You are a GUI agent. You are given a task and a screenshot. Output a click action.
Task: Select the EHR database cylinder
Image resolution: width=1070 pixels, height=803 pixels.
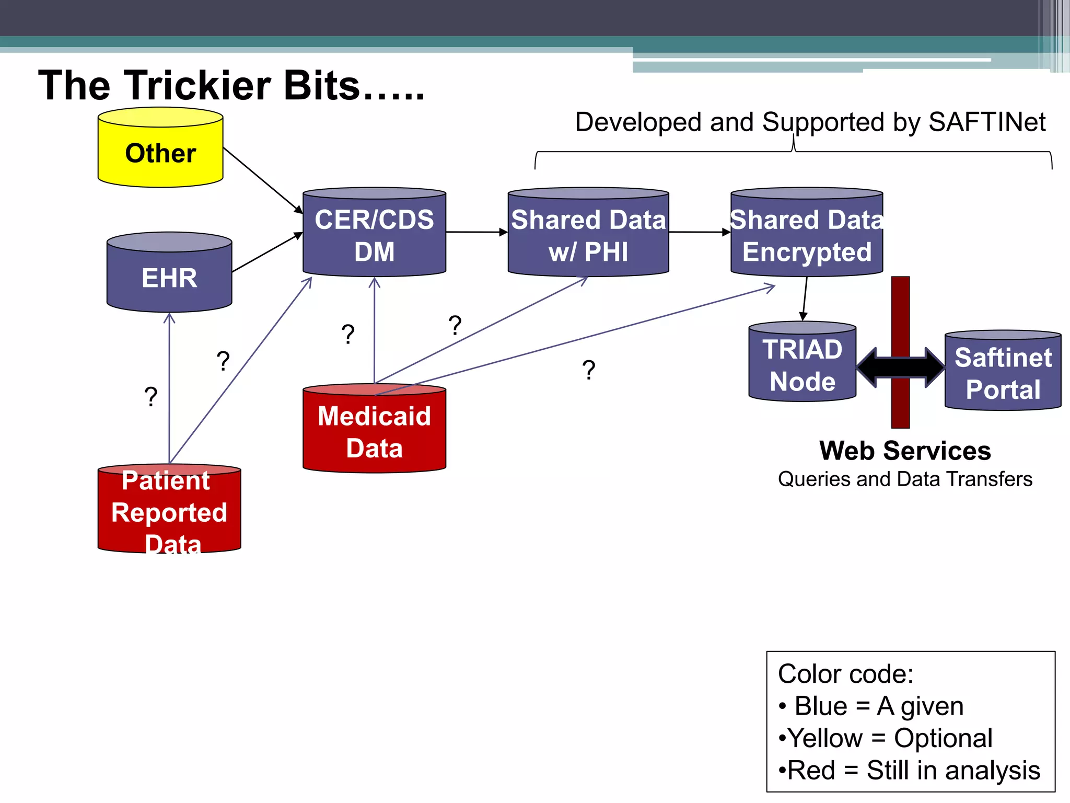pyautogui.click(x=169, y=274)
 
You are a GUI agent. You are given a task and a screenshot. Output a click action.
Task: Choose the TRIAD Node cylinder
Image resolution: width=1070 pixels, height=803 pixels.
pyautogui.click(x=802, y=364)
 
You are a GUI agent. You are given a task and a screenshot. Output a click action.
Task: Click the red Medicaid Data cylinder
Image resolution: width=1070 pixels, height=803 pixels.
pyautogui.click(x=374, y=431)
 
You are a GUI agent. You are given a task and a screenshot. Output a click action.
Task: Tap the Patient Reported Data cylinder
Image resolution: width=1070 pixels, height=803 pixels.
pyautogui.click(x=169, y=510)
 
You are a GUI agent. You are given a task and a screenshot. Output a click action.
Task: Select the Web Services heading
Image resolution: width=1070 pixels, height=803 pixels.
pyautogui.click(x=905, y=451)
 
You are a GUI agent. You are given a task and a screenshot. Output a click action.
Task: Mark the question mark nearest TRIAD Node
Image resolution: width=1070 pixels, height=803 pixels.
pyautogui.click(x=589, y=370)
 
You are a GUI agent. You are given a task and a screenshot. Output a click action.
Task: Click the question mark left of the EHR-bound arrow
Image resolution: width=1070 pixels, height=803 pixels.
pyautogui.click(x=150, y=397)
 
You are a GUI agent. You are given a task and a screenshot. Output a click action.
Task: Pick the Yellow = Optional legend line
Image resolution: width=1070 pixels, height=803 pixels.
pyautogui.click(x=886, y=738)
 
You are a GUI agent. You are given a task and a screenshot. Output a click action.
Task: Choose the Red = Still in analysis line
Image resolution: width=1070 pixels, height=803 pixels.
pyautogui.click(x=909, y=771)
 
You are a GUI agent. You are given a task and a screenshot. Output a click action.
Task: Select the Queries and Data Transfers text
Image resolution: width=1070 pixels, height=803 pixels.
pyautogui.click(x=905, y=479)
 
